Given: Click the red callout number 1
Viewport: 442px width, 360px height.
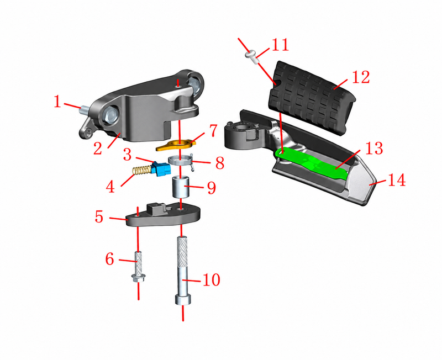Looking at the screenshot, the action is (57, 102).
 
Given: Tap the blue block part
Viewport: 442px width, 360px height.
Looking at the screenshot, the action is (161, 169).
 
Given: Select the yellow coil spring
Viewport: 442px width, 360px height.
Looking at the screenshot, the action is (143, 171).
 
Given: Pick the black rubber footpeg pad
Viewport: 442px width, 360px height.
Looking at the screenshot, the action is (312, 97).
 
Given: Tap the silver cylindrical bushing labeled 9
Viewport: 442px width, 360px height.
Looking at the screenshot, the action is (181, 187).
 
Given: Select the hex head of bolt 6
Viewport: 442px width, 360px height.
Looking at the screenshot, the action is (138, 278).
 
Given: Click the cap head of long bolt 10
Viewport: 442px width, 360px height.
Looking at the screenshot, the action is (183, 299).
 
